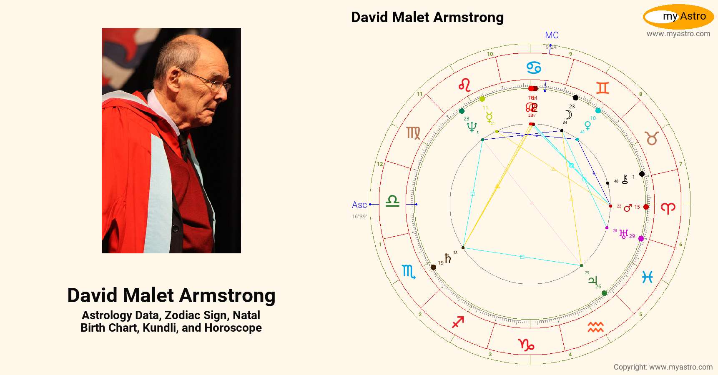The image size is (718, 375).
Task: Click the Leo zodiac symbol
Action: tap(464, 85)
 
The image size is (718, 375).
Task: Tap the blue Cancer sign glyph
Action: tap(534, 67)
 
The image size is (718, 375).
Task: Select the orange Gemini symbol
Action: tap(603, 88)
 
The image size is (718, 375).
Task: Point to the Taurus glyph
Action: tap(652, 138)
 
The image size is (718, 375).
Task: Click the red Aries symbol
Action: tap(668, 208)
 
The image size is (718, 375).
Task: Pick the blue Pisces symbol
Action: tap(647, 277)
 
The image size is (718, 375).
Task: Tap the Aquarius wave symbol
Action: tap(596, 327)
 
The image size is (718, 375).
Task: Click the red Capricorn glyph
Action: tap(526, 345)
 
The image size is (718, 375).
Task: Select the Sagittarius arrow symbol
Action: tap(458, 322)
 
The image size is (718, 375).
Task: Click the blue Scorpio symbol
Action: tap(408, 272)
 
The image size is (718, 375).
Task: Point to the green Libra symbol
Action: tap(392, 201)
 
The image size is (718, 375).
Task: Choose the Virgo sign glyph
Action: tap(413, 133)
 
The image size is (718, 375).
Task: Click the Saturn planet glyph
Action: tap(448, 258)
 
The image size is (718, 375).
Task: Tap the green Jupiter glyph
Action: tap(592, 280)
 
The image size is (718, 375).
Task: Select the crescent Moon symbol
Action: tap(568, 115)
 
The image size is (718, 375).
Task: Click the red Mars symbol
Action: tap(628, 207)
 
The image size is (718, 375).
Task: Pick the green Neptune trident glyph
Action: tap(472, 127)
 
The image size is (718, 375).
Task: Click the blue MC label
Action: tap(552, 35)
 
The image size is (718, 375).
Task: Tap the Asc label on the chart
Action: tap(359, 205)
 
